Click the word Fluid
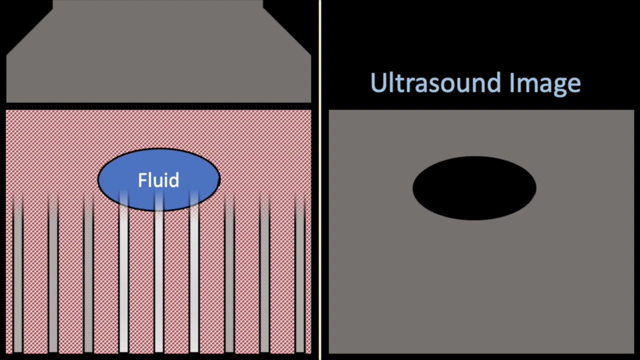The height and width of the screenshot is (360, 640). [x=158, y=180]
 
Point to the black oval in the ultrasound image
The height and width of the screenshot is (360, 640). [x=474, y=188]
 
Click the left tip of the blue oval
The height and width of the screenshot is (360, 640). [x=99, y=179]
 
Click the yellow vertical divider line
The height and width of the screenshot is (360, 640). [x=320, y=180]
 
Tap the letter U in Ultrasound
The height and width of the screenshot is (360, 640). [x=377, y=82]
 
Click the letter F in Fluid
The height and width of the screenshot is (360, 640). [x=141, y=180]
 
